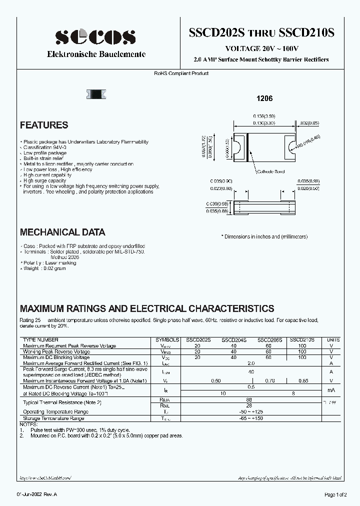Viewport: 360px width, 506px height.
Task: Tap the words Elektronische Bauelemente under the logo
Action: [x=96, y=54]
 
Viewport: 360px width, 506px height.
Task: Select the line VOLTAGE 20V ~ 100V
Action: [x=262, y=48]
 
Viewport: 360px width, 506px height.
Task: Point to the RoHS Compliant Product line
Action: [x=181, y=73]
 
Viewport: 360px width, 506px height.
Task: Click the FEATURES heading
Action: [x=44, y=125]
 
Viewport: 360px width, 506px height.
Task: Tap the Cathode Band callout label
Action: [x=270, y=171]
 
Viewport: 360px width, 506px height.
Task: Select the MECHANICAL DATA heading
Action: [x=62, y=232]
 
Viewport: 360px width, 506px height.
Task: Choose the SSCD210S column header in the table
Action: [x=302, y=339]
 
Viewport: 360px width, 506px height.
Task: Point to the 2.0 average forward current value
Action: [x=251, y=363]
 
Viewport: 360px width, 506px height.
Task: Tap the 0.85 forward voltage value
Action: [x=302, y=381]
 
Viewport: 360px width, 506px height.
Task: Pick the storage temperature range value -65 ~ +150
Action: [x=251, y=417]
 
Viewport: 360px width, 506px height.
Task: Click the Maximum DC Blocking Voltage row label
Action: [x=56, y=357]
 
